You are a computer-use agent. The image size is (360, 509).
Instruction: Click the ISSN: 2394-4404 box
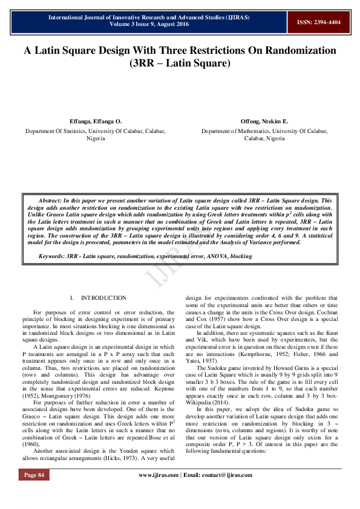pos(318,22)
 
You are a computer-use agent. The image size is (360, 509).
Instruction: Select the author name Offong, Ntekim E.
pos(264,122)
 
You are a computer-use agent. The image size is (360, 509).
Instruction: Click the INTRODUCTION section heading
pos(103,298)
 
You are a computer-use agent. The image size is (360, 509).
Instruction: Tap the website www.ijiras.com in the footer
pos(159,475)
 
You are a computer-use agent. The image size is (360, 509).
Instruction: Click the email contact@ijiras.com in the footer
pos(225,475)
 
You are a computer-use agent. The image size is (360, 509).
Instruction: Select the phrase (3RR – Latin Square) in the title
pos(180,63)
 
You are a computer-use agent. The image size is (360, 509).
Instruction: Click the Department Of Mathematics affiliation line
pos(264,131)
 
